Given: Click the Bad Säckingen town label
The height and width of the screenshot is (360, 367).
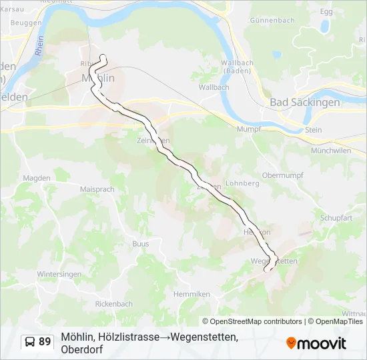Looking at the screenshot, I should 305,102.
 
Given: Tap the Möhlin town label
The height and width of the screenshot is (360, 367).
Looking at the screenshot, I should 97,78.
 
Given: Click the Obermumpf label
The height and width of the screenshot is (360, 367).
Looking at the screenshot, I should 283,175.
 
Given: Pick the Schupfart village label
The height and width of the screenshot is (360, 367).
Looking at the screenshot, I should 336,218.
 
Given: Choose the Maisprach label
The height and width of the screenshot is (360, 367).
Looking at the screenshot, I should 97,189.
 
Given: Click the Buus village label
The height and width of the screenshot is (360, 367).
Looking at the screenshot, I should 140,244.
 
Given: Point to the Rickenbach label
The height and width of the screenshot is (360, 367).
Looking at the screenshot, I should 113,303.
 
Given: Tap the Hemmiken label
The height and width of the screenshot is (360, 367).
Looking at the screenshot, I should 192,294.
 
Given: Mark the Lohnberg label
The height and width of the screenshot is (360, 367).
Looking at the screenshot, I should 242,183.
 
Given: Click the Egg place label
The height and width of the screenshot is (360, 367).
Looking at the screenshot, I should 326,12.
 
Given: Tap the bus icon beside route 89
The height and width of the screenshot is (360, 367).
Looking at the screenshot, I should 31,342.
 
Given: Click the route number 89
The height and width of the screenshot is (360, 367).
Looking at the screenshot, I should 45,342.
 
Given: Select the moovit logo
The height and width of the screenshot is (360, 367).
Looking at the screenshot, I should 316,343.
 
